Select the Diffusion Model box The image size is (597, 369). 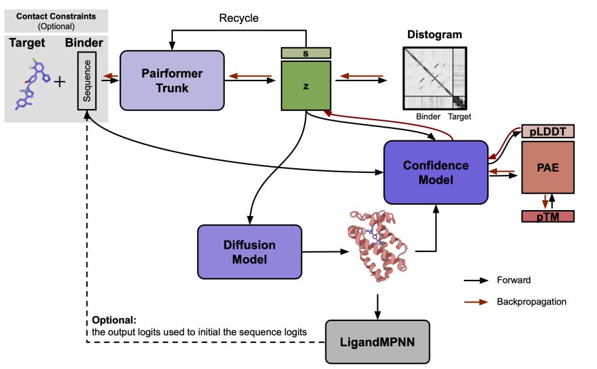pyautogui.click(x=250, y=251)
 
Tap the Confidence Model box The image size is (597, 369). pyautogui.click(x=435, y=172)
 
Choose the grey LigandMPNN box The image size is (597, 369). pyautogui.click(x=377, y=341)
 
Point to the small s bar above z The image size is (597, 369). pyautogui.click(x=305, y=52)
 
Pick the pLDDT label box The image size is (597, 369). pyautogui.click(x=548, y=131)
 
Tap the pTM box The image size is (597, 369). pyautogui.click(x=548, y=216)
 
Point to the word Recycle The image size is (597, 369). pyautogui.click(x=239, y=17)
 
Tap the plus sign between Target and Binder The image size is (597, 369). pyautogui.click(x=60, y=82)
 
